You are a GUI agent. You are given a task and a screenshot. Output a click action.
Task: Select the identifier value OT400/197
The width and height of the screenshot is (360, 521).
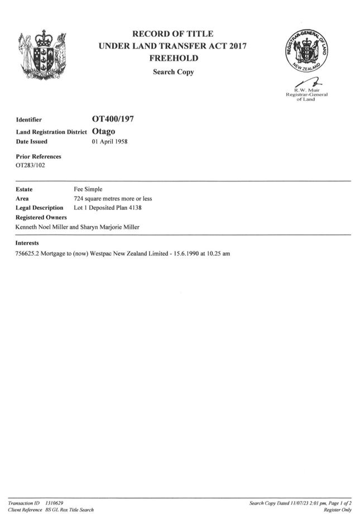coord(113,119)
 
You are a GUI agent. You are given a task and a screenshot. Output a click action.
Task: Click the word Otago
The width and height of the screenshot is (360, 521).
coord(104,132)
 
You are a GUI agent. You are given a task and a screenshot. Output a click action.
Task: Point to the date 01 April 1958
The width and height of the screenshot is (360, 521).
coord(109,141)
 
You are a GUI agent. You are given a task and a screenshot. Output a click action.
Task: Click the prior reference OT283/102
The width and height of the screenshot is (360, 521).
coord(30,165)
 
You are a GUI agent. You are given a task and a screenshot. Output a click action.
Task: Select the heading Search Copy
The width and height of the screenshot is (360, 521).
coord(174,72)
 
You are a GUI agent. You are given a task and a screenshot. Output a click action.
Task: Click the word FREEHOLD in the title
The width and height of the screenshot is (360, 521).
coord(174,58)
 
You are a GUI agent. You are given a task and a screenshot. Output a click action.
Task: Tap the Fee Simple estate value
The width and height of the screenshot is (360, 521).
coord(88,189)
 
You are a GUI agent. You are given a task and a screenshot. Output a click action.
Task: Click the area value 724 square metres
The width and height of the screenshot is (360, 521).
coord(99,199)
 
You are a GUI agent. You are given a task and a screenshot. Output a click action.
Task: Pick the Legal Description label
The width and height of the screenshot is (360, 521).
coord(40,208)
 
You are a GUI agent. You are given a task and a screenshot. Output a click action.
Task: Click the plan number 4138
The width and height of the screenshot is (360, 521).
coord(135,208)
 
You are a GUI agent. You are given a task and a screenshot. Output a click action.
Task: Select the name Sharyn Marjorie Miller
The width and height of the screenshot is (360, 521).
coord(109,227)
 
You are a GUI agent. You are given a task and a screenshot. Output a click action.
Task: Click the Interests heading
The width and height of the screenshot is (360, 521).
coord(27,243)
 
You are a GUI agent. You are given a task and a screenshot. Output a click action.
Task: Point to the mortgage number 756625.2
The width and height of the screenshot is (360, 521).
coord(27,254)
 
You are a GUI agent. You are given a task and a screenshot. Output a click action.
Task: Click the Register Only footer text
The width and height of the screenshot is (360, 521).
coord(338,510)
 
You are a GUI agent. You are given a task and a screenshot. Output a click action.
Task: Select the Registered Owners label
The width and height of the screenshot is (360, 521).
coord(41,218)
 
